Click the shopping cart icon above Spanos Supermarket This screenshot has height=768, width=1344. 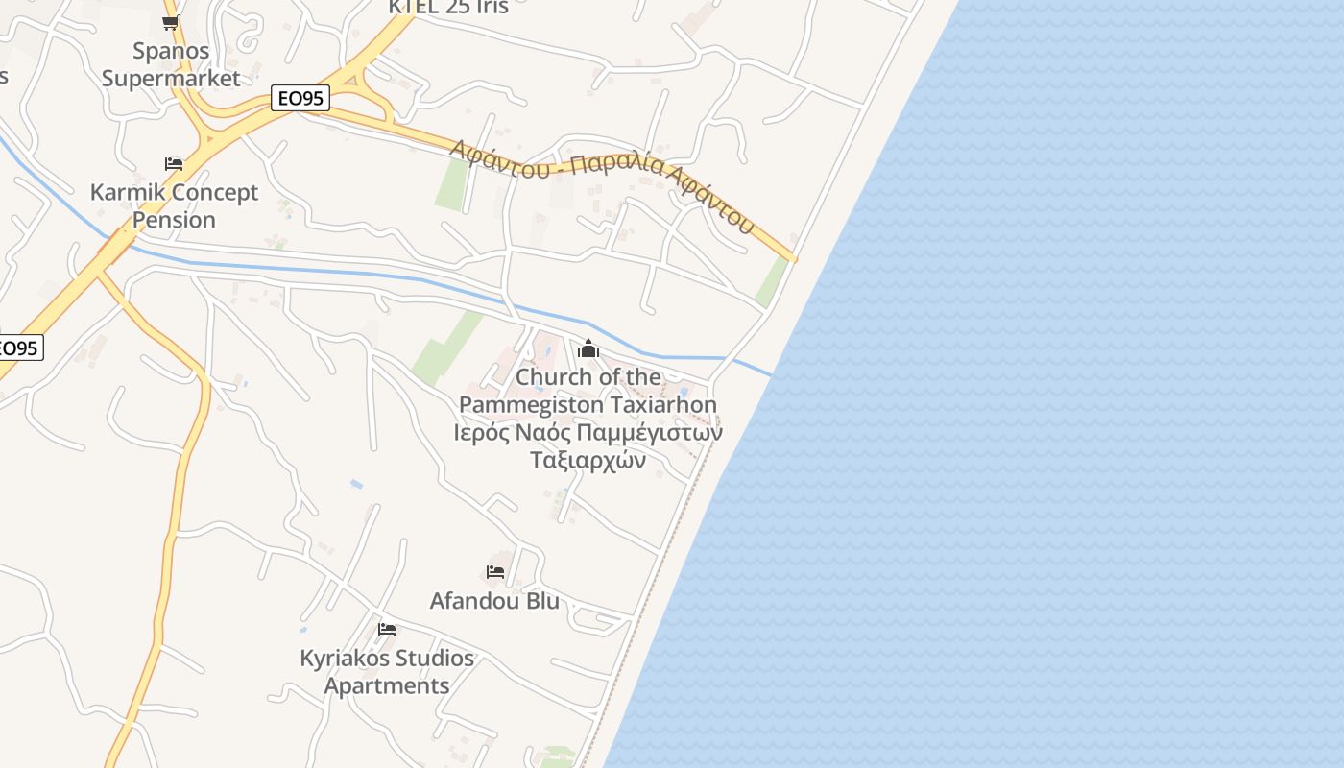(171, 23)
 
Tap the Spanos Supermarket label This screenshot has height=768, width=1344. (171, 64)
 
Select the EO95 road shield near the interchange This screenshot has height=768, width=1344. (300, 98)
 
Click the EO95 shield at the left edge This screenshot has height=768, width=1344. (19, 348)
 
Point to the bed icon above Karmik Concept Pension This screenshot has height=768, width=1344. (174, 164)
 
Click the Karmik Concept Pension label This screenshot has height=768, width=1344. (174, 205)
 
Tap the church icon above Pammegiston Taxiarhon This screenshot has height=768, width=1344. (588, 348)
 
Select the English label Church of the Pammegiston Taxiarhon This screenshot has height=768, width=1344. (588, 391)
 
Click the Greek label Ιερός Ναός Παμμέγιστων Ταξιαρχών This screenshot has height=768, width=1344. (588, 445)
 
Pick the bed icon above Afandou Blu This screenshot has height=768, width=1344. (495, 572)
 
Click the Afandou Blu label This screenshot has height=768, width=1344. (494, 601)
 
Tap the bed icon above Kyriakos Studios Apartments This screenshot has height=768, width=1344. (387, 630)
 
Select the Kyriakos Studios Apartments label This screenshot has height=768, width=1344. (387, 672)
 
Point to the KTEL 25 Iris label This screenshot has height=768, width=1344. (447, 7)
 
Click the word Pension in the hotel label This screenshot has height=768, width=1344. (174, 220)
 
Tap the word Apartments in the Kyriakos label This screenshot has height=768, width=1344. (387, 686)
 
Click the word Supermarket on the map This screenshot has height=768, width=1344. (171, 79)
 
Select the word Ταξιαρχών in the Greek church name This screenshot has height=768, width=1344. (588, 460)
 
